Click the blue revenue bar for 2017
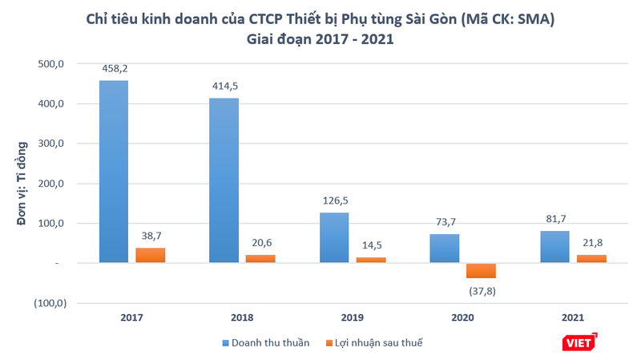point(114,172)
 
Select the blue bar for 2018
point(224,180)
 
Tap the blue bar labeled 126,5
point(334,237)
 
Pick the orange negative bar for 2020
point(481,271)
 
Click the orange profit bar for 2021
point(591,259)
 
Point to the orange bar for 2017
point(150,255)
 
